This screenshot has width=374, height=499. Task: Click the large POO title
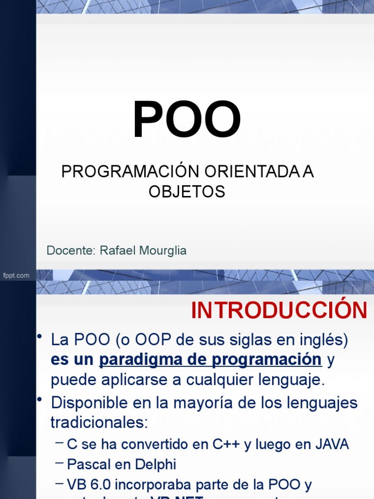tap(187, 120)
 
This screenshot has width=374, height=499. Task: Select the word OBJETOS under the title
tap(187, 192)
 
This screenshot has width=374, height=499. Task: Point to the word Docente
tap(71, 250)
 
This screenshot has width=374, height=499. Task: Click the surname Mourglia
tap(163, 250)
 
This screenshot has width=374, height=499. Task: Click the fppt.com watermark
tap(16, 275)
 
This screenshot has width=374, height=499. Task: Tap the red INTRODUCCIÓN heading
tap(279, 310)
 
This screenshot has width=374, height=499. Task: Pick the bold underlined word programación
tap(266, 360)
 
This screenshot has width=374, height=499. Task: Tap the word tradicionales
tap(99, 422)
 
